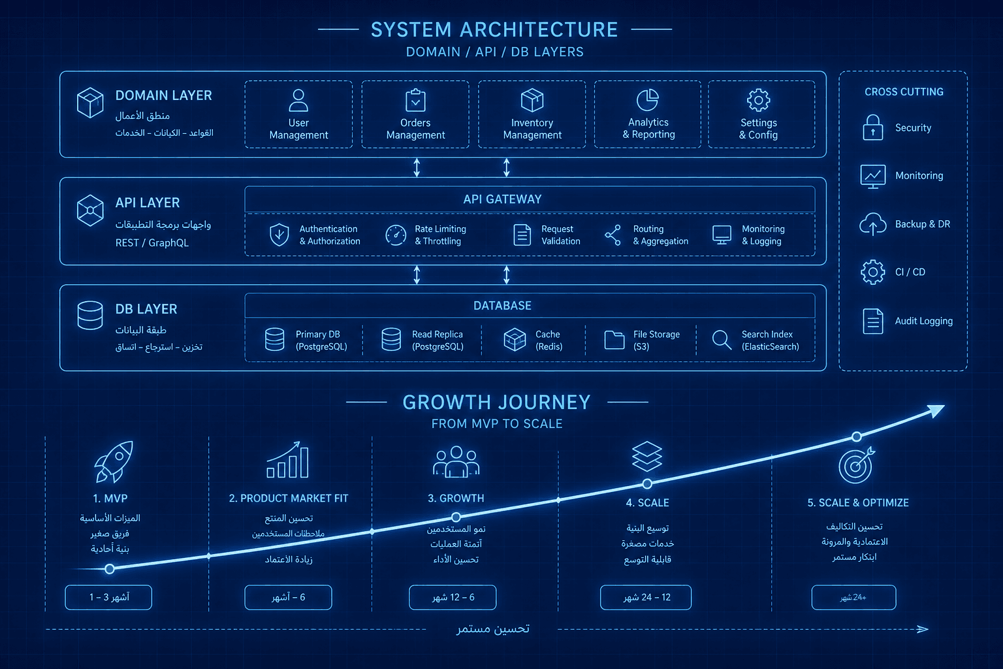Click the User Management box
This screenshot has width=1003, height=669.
pos(298,114)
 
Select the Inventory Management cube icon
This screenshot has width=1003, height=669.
pos(532,99)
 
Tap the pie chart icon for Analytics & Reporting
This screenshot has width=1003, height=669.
pos(648,99)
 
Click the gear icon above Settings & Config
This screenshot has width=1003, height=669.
pos(759,99)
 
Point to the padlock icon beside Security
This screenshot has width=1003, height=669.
pos(872,127)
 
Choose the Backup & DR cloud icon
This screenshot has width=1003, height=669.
pos(872,223)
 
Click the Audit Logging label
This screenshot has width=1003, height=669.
pos(924,321)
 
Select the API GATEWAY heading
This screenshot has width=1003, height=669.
pos(502,199)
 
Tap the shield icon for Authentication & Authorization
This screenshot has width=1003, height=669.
pos(279,235)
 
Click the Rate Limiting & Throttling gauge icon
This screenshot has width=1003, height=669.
pos(396,235)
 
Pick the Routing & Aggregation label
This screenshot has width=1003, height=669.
pos(660,235)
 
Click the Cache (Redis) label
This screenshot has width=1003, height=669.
pos(549,340)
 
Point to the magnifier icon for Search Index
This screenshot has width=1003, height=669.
pos(722,340)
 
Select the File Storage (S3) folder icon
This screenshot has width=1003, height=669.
pos(614,340)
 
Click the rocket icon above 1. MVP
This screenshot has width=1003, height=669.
pos(114,461)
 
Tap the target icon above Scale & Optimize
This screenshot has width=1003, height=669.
pos(856,465)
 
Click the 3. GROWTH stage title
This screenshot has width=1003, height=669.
pos(456,498)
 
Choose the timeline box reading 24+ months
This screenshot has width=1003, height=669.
pos(853,597)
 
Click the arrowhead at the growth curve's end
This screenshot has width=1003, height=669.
pos(937,410)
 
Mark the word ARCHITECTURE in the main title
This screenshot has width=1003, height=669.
pos(539,29)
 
